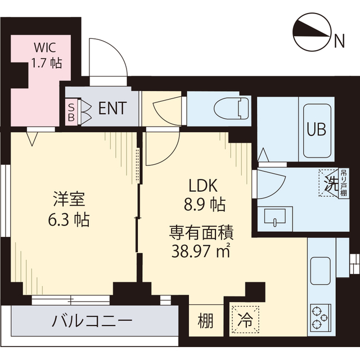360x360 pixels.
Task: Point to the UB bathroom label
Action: [316, 129]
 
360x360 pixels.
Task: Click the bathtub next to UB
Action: [316, 130]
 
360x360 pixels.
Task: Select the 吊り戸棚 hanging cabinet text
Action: [344, 183]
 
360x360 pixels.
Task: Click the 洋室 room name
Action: [70, 199]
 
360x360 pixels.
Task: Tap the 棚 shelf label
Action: [206, 322]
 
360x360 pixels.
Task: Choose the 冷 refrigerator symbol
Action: [245, 321]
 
